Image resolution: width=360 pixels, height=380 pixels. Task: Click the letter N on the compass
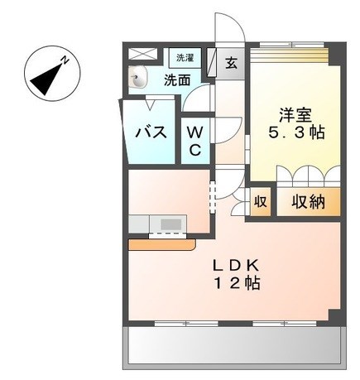tap(65, 60)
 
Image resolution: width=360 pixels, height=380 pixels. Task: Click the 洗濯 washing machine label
tap(185, 58)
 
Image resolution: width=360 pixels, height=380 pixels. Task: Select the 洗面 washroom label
tap(177, 80)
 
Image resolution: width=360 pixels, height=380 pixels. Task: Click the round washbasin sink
tap(138, 78)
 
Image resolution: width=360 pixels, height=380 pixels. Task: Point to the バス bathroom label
tap(151, 132)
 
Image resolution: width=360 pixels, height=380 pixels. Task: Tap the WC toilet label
tap(195, 142)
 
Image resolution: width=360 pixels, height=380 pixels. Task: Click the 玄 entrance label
tap(231, 63)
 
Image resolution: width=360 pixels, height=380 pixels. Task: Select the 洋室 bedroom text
tap(295, 115)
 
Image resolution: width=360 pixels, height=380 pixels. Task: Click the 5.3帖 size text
tap(295, 133)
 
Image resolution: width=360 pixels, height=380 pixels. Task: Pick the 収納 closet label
tap(308, 202)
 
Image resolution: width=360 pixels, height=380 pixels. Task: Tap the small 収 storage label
tap(261, 202)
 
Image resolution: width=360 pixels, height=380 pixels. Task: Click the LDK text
tap(235, 266)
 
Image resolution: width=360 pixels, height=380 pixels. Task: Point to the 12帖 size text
tap(238, 283)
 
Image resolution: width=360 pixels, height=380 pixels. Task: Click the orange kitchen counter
tap(162, 245)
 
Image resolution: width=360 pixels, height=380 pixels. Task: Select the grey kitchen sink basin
tap(170, 224)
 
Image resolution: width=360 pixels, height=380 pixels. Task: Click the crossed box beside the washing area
tap(143, 54)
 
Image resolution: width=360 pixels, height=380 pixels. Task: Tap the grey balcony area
tap(234, 345)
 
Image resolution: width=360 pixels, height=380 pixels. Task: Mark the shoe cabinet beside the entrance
tap(211, 62)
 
